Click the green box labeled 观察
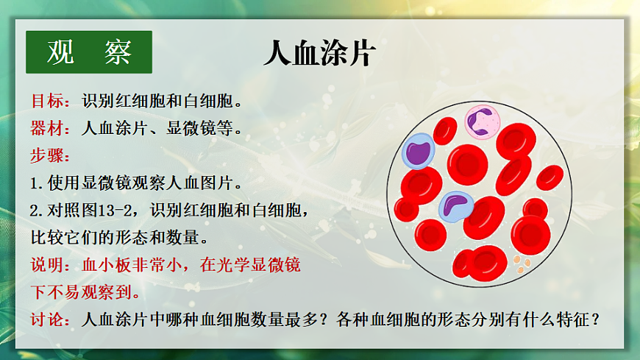(89, 52)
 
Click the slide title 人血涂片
(320, 53)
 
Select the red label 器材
(46, 128)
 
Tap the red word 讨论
(46, 320)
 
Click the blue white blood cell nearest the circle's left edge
(417, 151)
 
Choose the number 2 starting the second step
(34, 211)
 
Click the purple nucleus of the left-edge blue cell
(418, 152)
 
